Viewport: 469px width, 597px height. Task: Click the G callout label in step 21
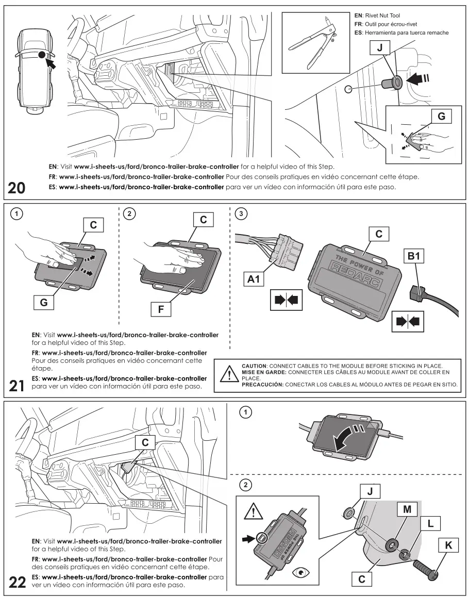click(x=44, y=303)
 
